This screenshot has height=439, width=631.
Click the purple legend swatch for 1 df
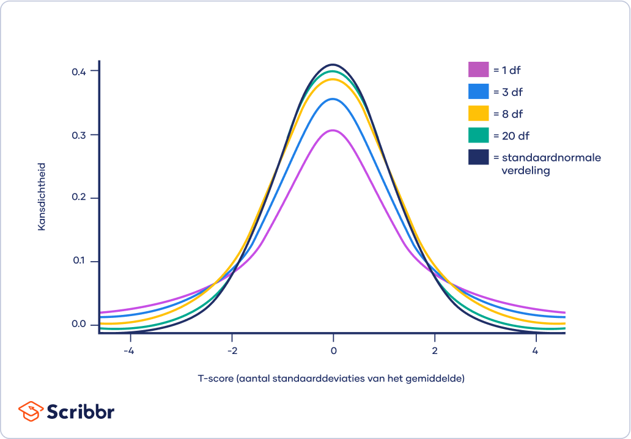pyautogui.click(x=479, y=70)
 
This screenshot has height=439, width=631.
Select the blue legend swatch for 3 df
pyautogui.click(x=479, y=92)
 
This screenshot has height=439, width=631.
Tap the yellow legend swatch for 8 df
pyautogui.click(x=479, y=114)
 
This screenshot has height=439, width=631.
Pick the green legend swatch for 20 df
pyautogui.click(x=479, y=135)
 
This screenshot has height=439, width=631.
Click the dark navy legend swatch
pyautogui.click(x=479, y=157)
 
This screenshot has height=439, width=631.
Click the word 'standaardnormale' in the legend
pyautogui.click(x=551, y=158)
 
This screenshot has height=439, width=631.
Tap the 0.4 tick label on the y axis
pyautogui.click(x=79, y=71)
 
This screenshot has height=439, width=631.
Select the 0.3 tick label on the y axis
pyautogui.click(x=79, y=135)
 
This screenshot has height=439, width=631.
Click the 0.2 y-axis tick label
pyautogui.click(x=79, y=198)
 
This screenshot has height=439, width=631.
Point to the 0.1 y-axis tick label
pyautogui.click(x=79, y=261)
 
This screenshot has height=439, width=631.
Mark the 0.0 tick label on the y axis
pyautogui.click(x=79, y=325)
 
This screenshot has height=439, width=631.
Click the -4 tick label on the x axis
pyautogui.click(x=129, y=352)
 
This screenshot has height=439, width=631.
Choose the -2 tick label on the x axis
pyautogui.click(x=231, y=352)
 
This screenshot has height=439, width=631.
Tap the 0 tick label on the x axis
pyautogui.click(x=333, y=352)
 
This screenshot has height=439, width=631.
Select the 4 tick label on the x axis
pyautogui.click(x=536, y=352)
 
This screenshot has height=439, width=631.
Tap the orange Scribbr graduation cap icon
pyautogui.click(x=31, y=411)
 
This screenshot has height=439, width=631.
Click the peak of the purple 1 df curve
pyautogui.click(x=333, y=130)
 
